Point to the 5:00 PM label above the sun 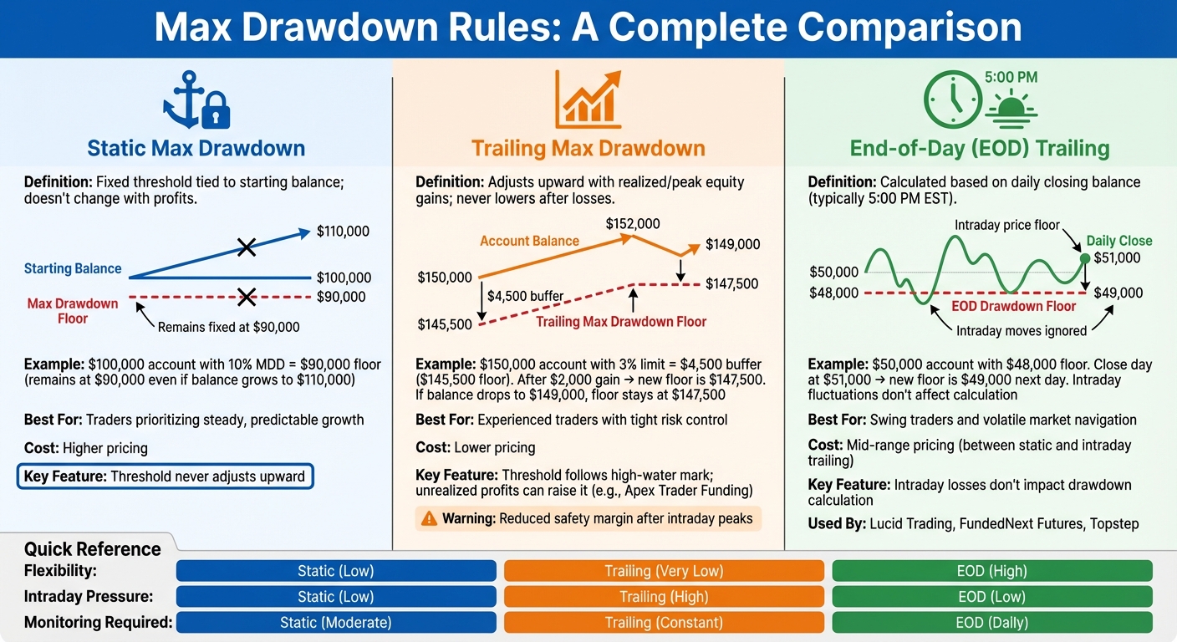1011,78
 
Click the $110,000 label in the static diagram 343,232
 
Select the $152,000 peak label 633,224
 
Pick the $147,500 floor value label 731,284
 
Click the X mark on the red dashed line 246,296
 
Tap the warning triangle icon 429,519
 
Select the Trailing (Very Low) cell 664,571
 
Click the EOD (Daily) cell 992,623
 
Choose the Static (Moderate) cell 335,623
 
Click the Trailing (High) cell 664,597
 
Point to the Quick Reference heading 93,549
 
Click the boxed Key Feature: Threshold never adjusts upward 166,477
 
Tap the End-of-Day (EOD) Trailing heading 979,149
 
